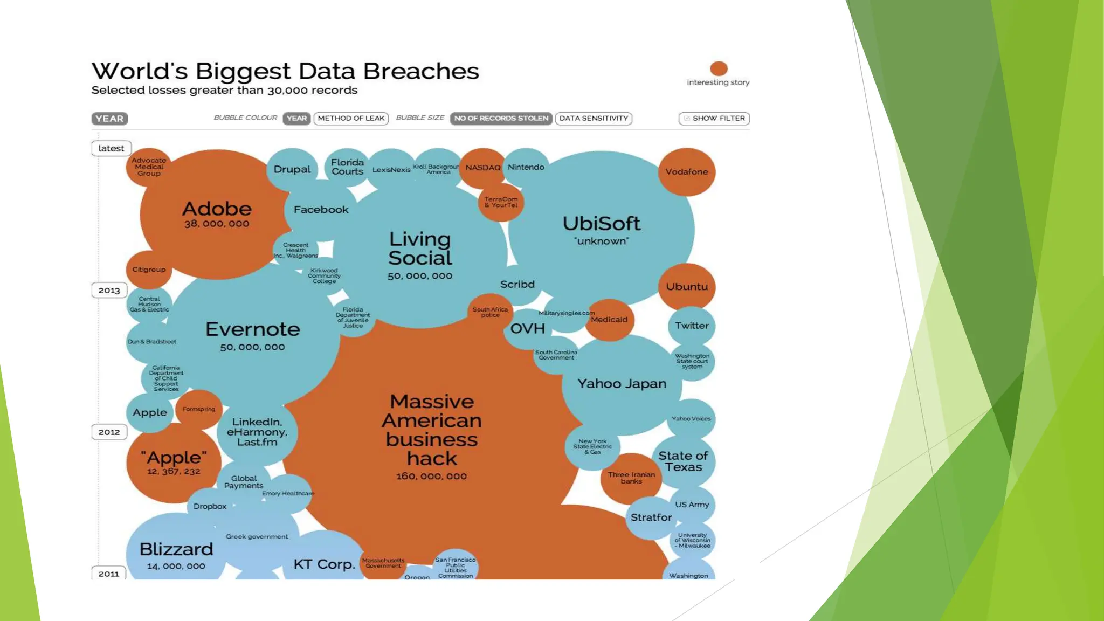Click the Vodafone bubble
pos(686,172)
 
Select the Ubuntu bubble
pos(686,287)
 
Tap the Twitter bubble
pos(692,326)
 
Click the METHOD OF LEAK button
pos(351,119)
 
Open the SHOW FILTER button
pos(714,119)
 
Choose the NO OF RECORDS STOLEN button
pos(501,119)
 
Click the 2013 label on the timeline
pos(109,291)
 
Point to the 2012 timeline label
pos(109,432)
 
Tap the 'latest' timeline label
pos(111,148)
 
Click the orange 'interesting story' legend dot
pos(719,68)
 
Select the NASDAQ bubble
pos(482,168)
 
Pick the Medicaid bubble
pos(609,320)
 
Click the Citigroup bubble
pos(149,270)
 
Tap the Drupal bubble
pos(292,169)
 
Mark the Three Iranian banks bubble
pos(631,478)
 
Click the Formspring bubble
pos(198,410)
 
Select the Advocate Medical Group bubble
pos(149,167)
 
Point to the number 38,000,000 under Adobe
pos(216,224)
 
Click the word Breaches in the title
pos(420,71)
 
